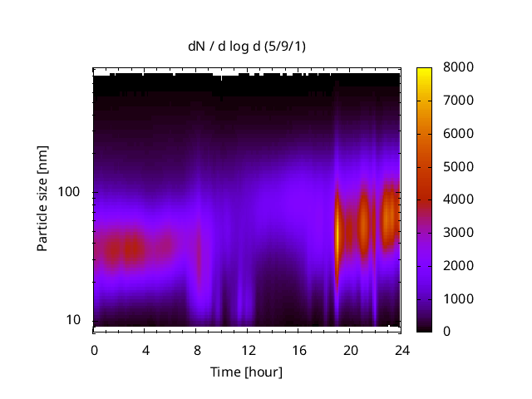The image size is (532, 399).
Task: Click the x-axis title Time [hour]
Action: (x=246, y=372)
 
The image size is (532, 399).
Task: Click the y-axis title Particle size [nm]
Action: (x=42, y=199)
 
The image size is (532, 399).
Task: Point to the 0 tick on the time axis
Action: (x=94, y=349)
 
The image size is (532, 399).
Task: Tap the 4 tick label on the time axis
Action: (x=145, y=349)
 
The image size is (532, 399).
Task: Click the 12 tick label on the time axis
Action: (x=248, y=349)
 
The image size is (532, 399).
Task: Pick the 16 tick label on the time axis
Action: (x=298, y=349)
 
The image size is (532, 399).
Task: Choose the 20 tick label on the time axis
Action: (x=350, y=349)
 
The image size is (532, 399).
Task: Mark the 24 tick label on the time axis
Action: (x=401, y=349)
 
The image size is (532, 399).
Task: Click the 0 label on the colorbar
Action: (x=446, y=331)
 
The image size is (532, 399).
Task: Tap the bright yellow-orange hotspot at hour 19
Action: (x=337, y=233)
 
